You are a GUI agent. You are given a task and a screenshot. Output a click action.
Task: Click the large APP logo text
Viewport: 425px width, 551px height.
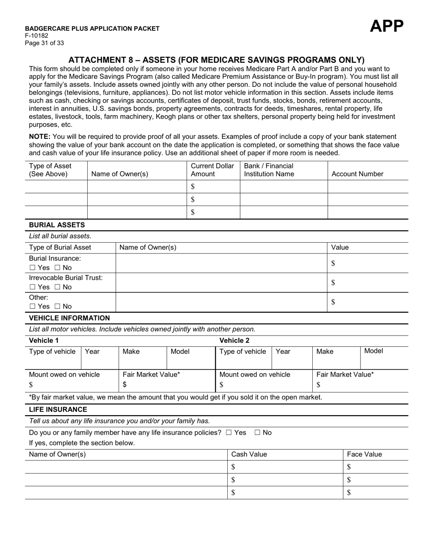click(387, 26)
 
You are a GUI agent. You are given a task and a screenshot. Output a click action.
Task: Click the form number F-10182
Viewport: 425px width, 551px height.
click(37, 36)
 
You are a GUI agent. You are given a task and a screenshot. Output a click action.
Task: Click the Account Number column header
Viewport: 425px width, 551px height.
click(357, 174)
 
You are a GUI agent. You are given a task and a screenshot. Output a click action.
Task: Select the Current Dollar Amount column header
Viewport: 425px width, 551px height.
click(212, 170)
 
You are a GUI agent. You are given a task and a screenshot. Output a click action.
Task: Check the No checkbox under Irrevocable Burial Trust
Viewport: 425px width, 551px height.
click(57, 287)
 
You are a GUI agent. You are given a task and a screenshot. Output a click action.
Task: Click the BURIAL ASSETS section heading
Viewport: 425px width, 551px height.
click(57, 225)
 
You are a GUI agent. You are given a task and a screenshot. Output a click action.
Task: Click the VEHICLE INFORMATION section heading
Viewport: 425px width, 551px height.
click(69, 318)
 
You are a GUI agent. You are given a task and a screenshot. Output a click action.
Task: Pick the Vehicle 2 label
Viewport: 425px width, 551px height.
click(234, 340)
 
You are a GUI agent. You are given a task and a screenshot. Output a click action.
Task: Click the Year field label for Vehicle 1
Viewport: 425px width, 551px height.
click(92, 352)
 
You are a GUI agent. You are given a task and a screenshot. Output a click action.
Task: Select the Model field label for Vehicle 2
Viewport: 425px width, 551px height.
click(373, 351)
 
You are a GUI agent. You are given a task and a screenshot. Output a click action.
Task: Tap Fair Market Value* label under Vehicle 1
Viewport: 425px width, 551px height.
click(151, 375)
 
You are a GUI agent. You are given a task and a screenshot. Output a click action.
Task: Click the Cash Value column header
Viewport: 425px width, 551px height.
click(249, 455)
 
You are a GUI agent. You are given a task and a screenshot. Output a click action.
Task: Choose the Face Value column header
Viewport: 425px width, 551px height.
click(364, 455)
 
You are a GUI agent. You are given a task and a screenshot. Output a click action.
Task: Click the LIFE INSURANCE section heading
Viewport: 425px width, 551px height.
click(58, 409)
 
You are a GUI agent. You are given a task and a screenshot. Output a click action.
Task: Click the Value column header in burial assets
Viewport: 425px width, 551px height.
click(340, 248)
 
